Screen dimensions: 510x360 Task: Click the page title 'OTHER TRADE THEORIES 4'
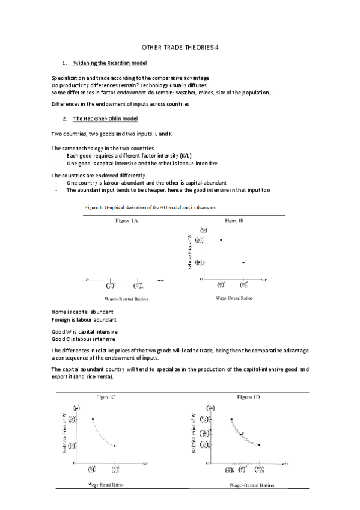[180, 47]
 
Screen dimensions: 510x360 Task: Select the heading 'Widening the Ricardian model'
[110, 63]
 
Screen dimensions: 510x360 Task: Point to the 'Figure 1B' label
[234, 221]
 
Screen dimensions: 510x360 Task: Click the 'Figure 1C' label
[107, 398]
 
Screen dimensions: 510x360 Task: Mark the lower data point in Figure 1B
[243, 262]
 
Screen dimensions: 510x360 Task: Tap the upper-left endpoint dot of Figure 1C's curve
[93, 419]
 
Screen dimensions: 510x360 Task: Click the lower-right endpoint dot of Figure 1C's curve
[115, 446]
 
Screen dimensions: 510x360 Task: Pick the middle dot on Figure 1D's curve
[242, 434]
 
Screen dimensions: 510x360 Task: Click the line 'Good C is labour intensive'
[84, 339]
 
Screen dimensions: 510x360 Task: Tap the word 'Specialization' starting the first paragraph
[70, 79]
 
